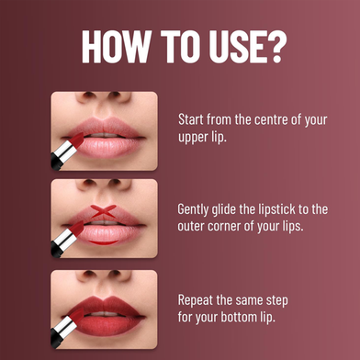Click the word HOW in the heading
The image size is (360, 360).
116,47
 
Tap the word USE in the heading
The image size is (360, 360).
236,47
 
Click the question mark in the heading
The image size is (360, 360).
276,47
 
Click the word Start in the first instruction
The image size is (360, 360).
191,119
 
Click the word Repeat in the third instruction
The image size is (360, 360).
196,300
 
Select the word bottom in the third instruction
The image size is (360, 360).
239,317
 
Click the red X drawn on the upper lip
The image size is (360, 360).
104,211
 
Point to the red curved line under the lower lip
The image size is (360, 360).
104,242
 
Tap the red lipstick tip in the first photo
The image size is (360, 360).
78,140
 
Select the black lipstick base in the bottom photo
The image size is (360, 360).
56,338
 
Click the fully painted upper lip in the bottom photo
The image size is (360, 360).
104,305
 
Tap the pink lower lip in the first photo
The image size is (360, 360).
106,147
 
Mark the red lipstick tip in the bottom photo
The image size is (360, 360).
78,316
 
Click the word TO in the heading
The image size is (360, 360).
180,47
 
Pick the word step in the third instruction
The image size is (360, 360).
276,301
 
